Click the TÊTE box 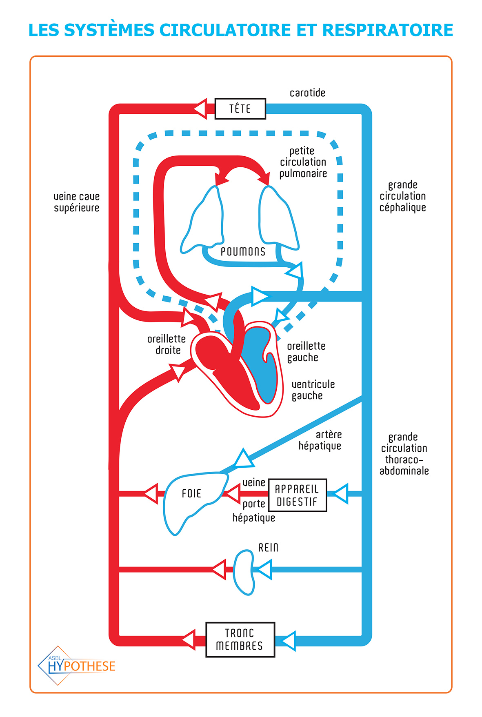240,109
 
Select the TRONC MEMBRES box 240,639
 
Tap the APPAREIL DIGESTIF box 298,495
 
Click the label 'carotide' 307,93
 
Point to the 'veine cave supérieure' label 76,202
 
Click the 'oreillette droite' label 167,344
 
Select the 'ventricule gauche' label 313,390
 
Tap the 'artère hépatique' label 321,440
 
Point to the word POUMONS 243,252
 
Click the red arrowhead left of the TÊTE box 201,109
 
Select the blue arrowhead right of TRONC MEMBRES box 289,641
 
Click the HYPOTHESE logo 78,666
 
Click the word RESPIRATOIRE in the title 387,30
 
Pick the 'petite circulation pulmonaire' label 303,162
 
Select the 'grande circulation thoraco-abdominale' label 404,454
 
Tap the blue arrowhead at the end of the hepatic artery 244,459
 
